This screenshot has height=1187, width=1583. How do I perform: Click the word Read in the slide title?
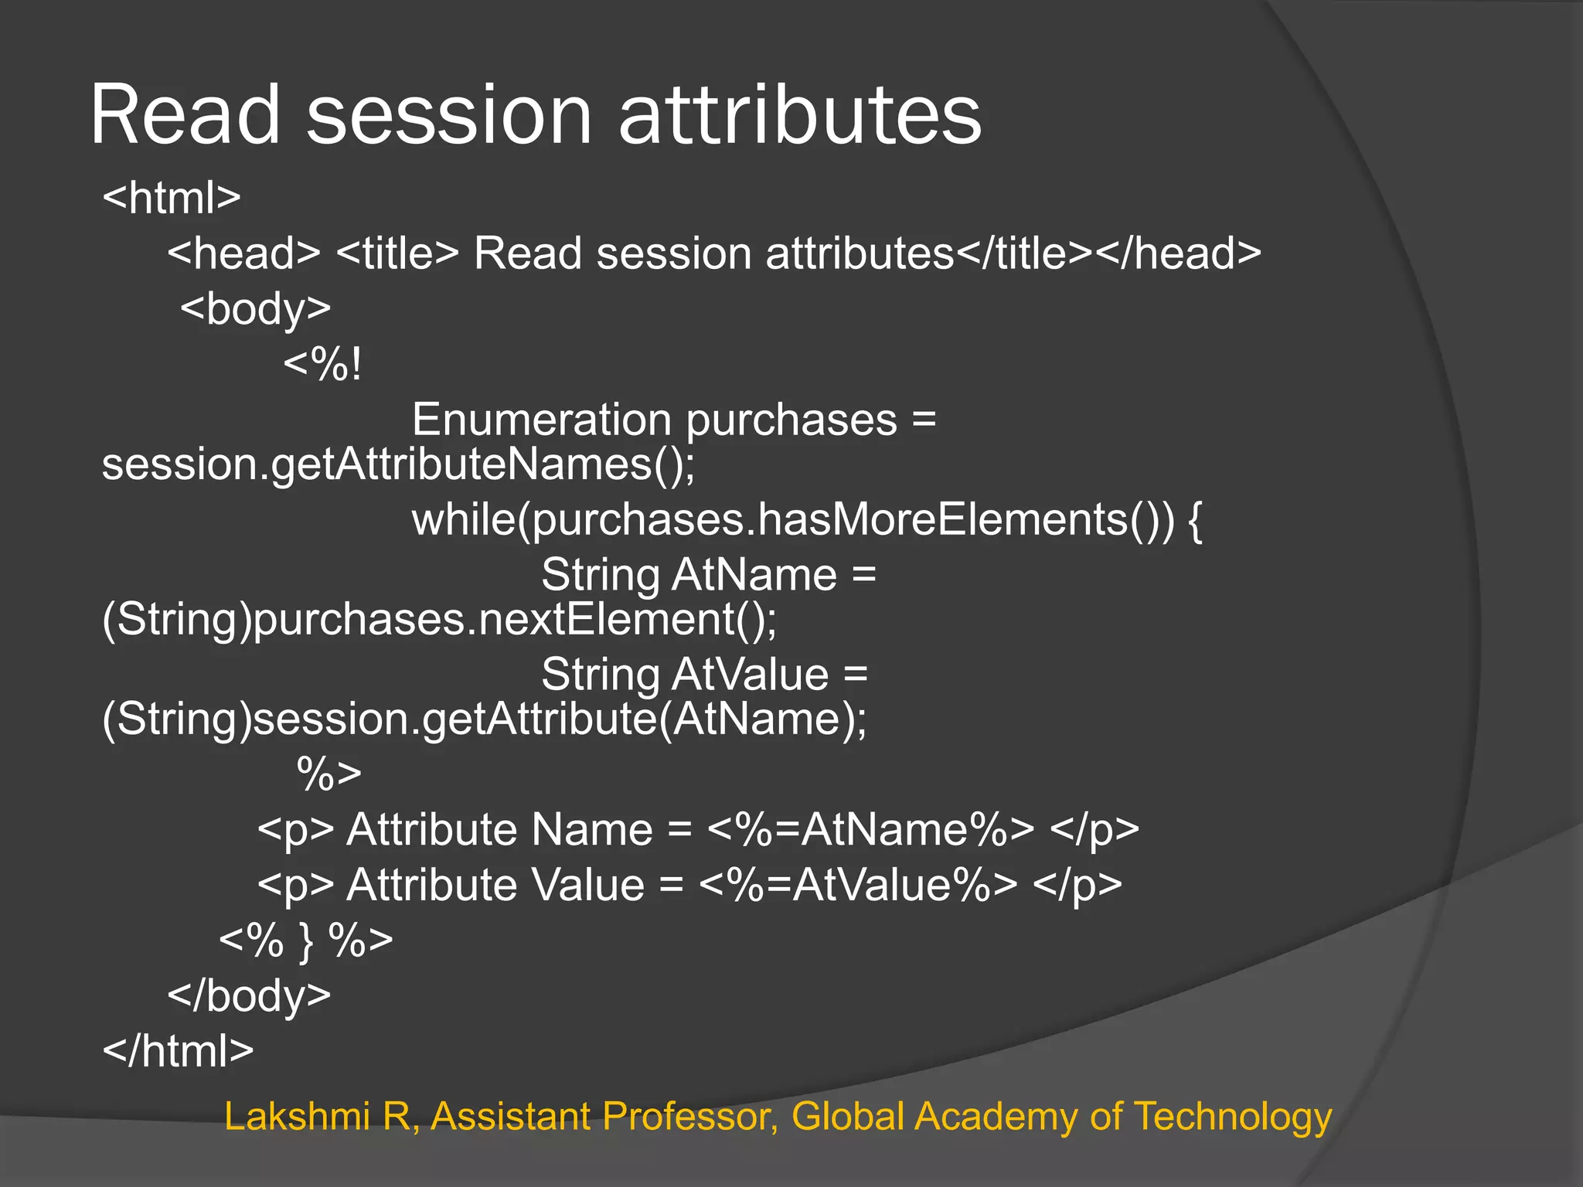coord(186,116)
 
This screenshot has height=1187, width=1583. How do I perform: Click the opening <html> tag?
coord(172,198)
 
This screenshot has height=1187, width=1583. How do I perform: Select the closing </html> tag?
coord(178,1051)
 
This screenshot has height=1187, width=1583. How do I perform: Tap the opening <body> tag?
coord(255,309)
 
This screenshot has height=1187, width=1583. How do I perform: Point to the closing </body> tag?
coord(249,995)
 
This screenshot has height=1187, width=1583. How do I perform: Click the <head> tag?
coord(243,253)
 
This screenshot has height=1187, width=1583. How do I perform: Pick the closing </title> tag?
coord(1025,253)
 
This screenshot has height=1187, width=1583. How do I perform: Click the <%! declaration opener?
coord(322,365)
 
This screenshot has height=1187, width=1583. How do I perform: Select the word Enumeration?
coord(541,420)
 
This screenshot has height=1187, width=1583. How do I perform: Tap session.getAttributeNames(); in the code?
coord(398,465)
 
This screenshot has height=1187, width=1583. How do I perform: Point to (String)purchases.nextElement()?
coord(439,620)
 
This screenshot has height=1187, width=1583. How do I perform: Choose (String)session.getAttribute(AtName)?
coord(485,719)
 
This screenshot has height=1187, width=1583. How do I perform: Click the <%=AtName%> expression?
coord(870,830)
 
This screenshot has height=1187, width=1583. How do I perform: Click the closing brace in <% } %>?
coord(307,941)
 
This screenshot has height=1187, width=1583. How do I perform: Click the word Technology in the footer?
coord(1233,1117)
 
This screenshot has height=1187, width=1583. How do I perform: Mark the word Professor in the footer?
coord(690,1117)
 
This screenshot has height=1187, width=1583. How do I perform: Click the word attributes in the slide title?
coord(800,116)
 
